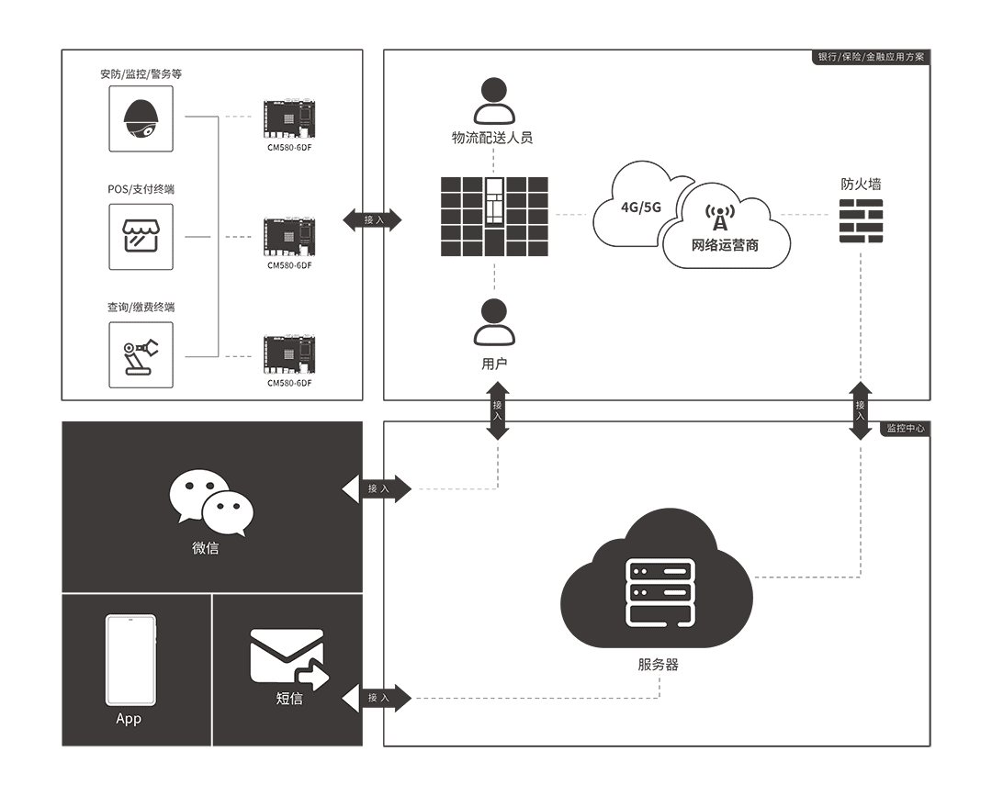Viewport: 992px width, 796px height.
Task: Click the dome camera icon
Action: pyautogui.click(x=141, y=118)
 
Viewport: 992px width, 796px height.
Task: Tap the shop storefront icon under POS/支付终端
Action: pyautogui.click(x=141, y=237)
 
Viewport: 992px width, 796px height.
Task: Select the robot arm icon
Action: pyautogui.click(x=141, y=355)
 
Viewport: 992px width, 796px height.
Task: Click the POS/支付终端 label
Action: pyautogui.click(x=141, y=189)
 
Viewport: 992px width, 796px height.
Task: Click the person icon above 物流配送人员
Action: pyautogui.click(x=494, y=101)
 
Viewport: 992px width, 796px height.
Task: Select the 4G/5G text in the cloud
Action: pyautogui.click(x=641, y=207)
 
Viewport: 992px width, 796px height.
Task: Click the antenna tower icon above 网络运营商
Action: pyautogui.click(x=719, y=219)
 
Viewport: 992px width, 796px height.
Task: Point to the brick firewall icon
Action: pyautogui.click(x=861, y=221)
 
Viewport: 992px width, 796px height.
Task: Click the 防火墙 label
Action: pyautogui.click(x=861, y=184)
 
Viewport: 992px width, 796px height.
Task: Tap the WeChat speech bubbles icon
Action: pyautogui.click(x=210, y=502)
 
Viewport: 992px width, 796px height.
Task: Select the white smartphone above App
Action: pyautogui.click(x=130, y=659)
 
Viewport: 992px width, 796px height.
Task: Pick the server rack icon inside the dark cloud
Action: pyautogui.click(x=659, y=593)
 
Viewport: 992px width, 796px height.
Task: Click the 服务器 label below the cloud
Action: pyautogui.click(x=659, y=665)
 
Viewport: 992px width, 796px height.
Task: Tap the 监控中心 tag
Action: pyautogui.click(x=905, y=429)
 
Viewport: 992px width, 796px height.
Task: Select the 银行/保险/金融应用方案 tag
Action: pyautogui.click(x=872, y=57)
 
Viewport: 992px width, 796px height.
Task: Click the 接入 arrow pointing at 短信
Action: pyautogui.click(x=378, y=699)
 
